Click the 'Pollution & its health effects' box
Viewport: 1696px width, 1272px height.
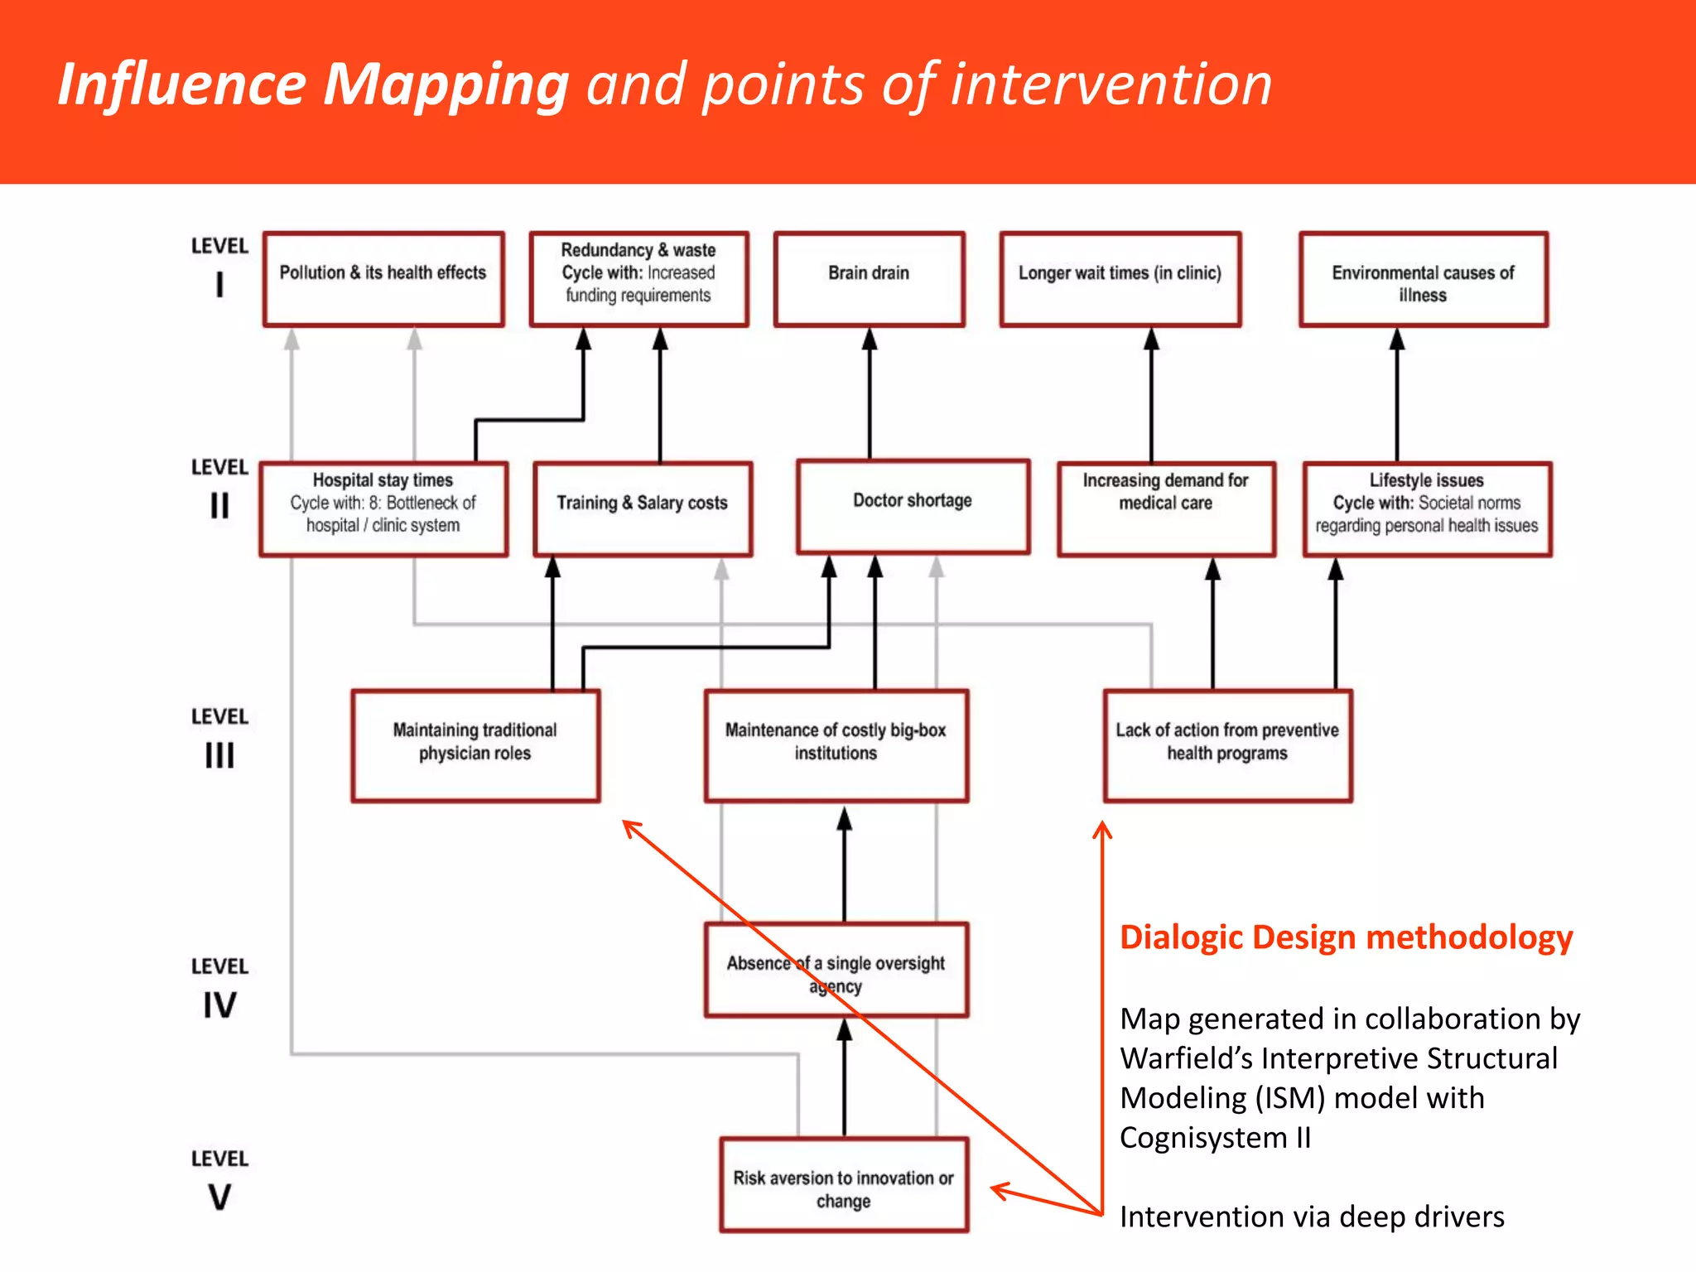pyautogui.click(x=383, y=279)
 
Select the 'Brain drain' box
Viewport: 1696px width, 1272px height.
pyautogui.click(x=869, y=279)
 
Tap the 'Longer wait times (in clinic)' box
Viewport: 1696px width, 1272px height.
pyautogui.click(x=1120, y=279)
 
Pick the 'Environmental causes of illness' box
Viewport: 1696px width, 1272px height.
pyautogui.click(x=1423, y=280)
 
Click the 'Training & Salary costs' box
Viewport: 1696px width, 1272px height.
pyautogui.click(x=643, y=508)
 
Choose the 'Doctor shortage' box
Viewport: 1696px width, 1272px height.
pyautogui.click(x=913, y=506)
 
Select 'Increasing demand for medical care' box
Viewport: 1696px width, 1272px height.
pyautogui.click(x=1166, y=508)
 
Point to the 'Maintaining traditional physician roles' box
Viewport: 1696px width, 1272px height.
pyautogui.click(x=475, y=745)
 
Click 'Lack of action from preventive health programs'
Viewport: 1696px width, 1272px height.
pyautogui.click(x=1227, y=745)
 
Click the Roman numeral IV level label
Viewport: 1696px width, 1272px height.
pyautogui.click(x=219, y=1005)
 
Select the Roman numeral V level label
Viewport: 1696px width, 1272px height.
pyautogui.click(x=219, y=1197)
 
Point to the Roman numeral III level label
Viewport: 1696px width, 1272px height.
pyautogui.click(x=219, y=755)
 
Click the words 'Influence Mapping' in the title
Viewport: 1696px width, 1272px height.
pyautogui.click(x=313, y=84)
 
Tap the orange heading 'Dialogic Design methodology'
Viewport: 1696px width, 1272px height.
pyautogui.click(x=1346, y=937)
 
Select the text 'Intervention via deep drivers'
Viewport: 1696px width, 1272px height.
pyautogui.click(x=1312, y=1217)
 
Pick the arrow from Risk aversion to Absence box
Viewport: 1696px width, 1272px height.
pyautogui.click(x=844, y=1077)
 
